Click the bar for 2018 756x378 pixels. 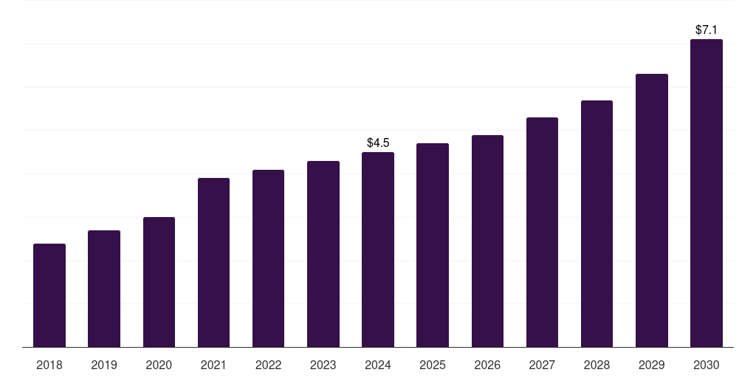(x=49, y=295)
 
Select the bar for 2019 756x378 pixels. (x=104, y=289)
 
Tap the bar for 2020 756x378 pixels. (x=159, y=282)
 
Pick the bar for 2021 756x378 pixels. (x=213, y=262)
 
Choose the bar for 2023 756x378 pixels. (x=323, y=254)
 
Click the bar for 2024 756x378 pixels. (x=378, y=250)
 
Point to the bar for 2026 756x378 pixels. (x=487, y=241)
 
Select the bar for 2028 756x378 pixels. (x=597, y=224)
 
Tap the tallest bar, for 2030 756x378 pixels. (x=707, y=193)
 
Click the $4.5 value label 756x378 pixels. (x=378, y=142)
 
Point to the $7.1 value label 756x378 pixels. (x=707, y=30)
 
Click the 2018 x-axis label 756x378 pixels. (x=49, y=365)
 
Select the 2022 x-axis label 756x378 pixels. (x=268, y=365)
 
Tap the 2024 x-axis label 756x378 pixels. (x=378, y=365)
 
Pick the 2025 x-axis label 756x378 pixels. (x=433, y=365)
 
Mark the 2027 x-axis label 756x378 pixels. (x=542, y=365)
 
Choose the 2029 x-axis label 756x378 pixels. (x=652, y=365)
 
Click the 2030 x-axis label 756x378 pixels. (x=707, y=365)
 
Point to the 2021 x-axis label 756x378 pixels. (x=213, y=365)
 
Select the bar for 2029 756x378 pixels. (x=652, y=210)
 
